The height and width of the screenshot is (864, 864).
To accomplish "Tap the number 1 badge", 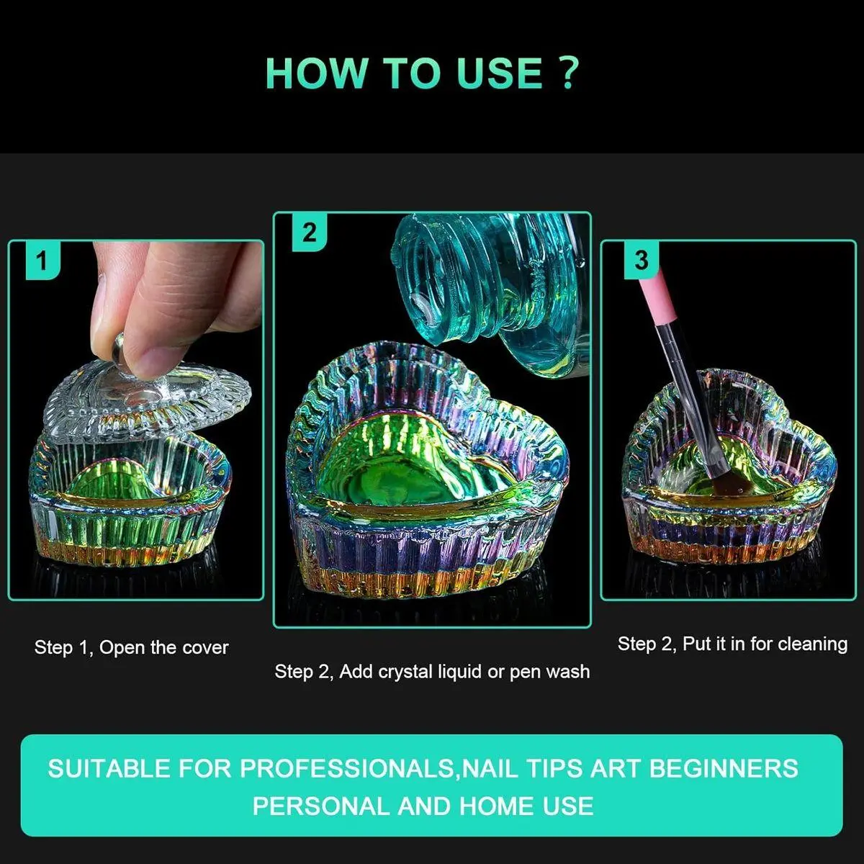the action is [x=42, y=261].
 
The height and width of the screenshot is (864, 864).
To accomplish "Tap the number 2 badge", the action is [x=310, y=233].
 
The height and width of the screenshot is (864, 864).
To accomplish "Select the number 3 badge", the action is [x=642, y=261].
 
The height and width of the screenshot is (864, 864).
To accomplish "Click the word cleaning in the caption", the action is [x=813, y=644].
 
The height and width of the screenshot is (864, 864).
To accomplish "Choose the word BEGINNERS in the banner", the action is [x=724, y=768].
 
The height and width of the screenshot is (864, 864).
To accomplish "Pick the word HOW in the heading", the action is [x=317, y=73].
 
